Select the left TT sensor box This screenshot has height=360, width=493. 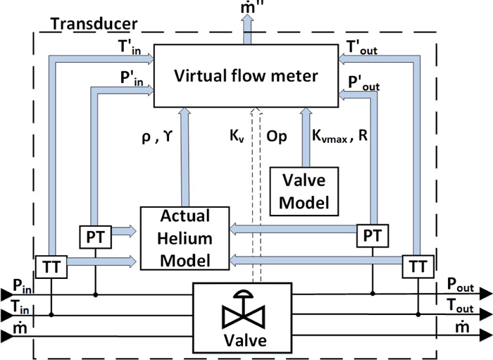(x=52, y=268)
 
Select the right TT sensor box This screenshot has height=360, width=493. (x=418, y=268)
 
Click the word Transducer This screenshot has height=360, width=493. (x=94, y=23)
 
